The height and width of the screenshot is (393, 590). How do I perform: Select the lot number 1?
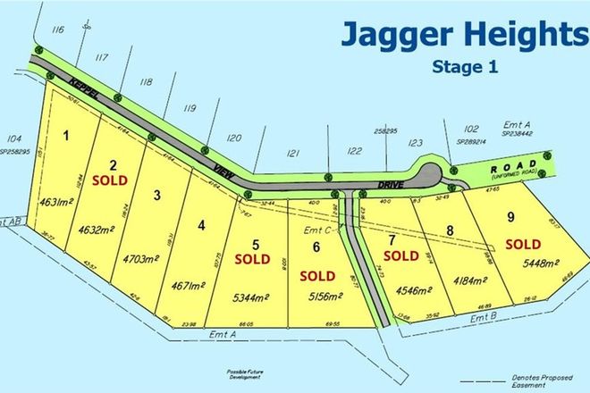66,135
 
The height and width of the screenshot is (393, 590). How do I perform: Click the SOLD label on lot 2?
114,179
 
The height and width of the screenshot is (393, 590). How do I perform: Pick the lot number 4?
202,226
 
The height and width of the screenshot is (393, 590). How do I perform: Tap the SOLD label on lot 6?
317,274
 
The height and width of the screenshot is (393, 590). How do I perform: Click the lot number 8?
451,231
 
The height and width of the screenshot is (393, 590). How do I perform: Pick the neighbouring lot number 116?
58,30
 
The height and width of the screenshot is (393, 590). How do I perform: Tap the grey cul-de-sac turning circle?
428,173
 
